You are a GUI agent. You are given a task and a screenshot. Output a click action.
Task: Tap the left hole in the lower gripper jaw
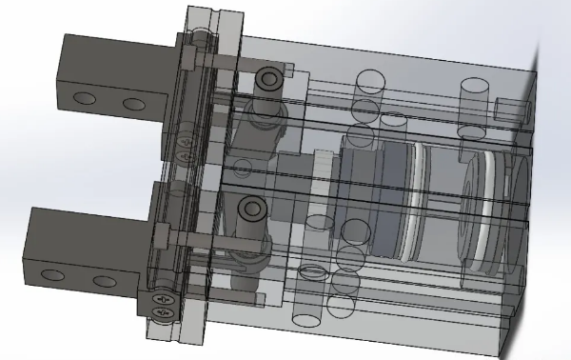click(56, 276)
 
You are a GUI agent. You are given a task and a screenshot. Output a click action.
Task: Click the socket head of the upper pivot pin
click(269, 77)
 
